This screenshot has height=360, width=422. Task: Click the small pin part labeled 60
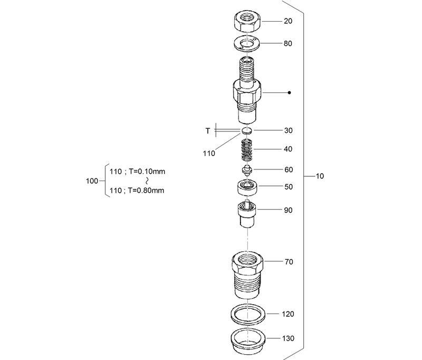click(246, 171)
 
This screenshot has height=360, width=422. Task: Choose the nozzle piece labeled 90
click(247, 213)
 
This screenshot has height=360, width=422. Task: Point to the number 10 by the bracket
click(320, 176)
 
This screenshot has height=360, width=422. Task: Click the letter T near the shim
click(208, 130)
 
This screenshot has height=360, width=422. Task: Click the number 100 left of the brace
click(91, 181)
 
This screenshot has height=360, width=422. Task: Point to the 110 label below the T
click(209, 154)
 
